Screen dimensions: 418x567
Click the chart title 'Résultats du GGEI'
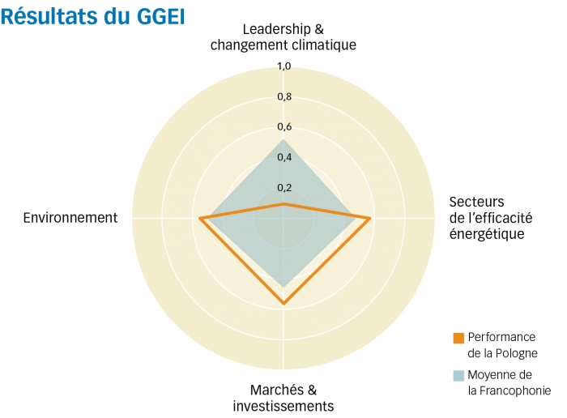pyautogui.click(x=94, y=15)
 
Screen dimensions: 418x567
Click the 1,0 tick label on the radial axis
pyautogui.click(x=283, y=66)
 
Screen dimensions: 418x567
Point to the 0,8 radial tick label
pyautogui.click(x=283, y=97)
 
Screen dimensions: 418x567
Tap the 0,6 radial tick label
pyautogui.click(x=283, y=127)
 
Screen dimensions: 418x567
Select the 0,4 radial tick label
pyautogui.click(x=283, y=157)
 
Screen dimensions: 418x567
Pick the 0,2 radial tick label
pyautogui.click(x=283, y=188)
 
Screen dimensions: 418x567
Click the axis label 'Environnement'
pyautogui.click(x=70, y=218)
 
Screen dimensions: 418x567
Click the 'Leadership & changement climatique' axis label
pyautogui.click(x=283, y=37)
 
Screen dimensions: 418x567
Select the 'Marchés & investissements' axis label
pyautogui.click(x=283, y=397)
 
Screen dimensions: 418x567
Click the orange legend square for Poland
pyautogui.click(x=458, y=338)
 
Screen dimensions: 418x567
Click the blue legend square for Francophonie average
pyautogui.click(x=458, y=375)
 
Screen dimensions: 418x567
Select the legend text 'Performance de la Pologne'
pyautogui.click(x=502, y=345)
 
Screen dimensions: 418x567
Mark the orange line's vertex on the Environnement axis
pyautogui.click(x=200, y=219)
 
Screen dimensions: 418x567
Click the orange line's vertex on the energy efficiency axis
pyautogui.click(x=370, y=219)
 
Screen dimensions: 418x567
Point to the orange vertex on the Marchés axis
pyautogui.click(x=283, y=304)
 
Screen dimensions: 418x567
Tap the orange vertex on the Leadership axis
pyautogui.click(x=283, y=204)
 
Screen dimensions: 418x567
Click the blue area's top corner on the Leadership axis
pyautogui.click(x=283, y=140)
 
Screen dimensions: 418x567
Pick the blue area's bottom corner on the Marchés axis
pyautogui.click(x=283, y=285)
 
